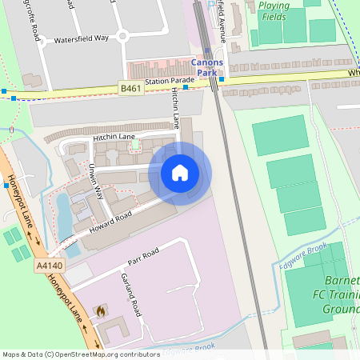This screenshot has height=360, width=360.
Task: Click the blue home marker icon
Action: coord(180,172)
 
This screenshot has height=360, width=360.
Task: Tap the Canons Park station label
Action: coord(207,67)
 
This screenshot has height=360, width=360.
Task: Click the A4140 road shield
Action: coord(48,265)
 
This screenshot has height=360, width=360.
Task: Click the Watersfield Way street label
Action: coord(81,38)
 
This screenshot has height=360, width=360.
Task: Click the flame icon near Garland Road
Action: coord(100,310)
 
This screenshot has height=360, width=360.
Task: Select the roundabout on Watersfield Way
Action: coord(122,35)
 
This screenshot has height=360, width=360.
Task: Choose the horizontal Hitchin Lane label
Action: coord(114,138)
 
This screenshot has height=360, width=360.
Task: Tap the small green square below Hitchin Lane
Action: coord(134,145)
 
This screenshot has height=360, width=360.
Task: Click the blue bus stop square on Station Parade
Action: coord(186,87)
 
